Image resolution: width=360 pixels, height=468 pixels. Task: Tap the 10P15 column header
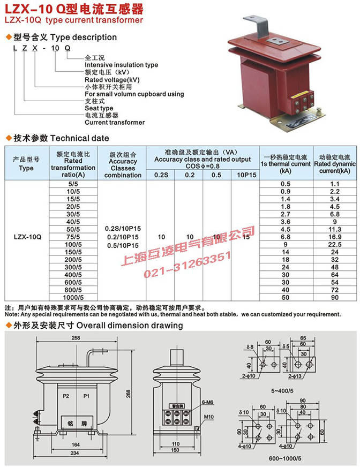pos(246,175)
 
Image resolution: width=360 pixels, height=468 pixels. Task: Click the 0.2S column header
pos(160,175)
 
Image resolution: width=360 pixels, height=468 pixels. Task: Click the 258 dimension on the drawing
pos(76,338)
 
